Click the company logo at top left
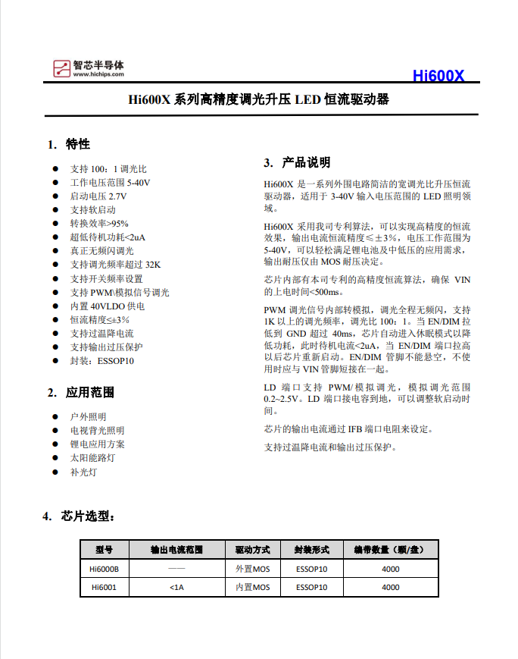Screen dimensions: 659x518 click(x=89, y=68)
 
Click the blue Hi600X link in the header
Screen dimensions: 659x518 click(x=438, y=76)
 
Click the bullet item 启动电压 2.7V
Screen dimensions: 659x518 click(x=98, y=196)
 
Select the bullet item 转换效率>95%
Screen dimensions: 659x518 click(x=99, y=223)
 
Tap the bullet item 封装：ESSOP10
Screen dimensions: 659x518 click(x=102, y=361)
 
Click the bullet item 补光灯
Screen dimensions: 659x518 click(x=83, y=472)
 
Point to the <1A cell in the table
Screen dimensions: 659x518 click(x=176, y=587)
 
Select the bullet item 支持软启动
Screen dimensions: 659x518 click(x=93, y=209)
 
